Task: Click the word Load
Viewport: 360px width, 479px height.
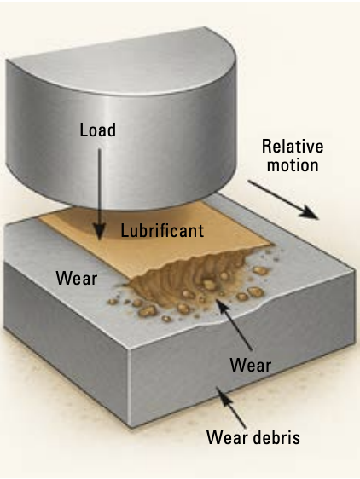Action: pos(98,130)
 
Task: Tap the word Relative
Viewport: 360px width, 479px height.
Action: pos(293,147)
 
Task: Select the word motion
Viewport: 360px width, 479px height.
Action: pos(293,165)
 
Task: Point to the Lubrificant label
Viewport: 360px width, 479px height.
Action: pos(162,230)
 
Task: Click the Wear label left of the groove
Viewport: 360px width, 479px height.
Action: pos(77,279)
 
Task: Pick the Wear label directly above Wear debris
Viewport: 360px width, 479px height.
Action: pos(251,365)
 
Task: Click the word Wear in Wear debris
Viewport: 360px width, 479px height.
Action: pos(227,437)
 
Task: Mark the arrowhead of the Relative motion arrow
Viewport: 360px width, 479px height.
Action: pos(309,212)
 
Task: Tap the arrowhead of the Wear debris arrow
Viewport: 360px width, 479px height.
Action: pos(223,395)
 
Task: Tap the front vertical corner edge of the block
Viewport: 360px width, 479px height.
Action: pos(130,385)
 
